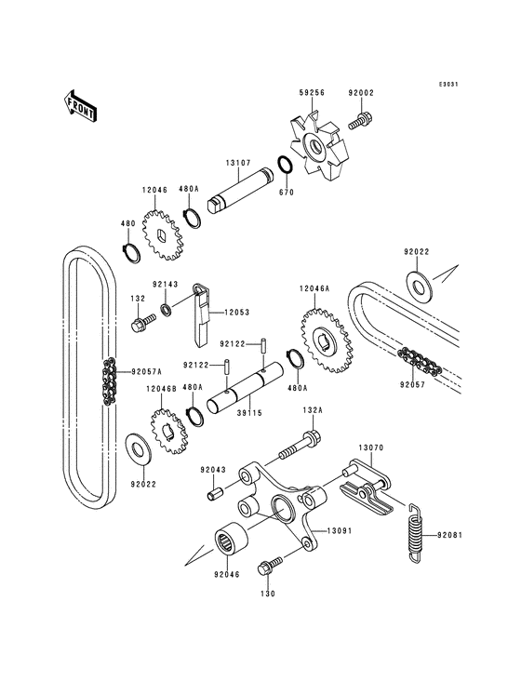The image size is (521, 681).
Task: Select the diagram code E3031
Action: click(x=450, y=84)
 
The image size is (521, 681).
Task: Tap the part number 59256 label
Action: click(x=311, y=93)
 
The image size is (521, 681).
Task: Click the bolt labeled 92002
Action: click(x=360, y=119)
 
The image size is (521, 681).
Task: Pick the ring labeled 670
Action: click(x=287, y=166)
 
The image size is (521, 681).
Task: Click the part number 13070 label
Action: click(x=371, y=447)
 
